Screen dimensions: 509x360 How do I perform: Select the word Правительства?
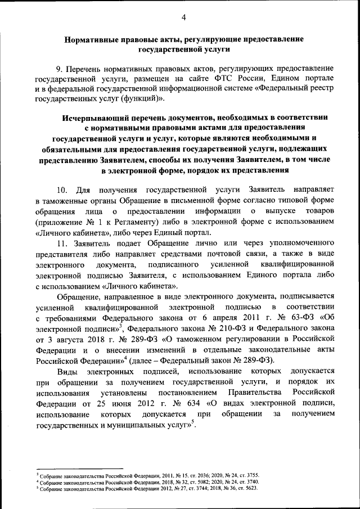(x=257, y=391)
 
